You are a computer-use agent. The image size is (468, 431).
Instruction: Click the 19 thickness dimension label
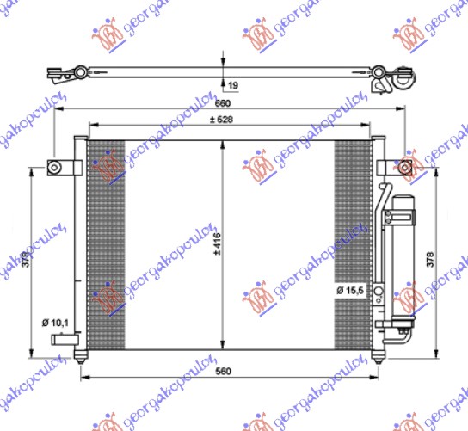pos(233,84)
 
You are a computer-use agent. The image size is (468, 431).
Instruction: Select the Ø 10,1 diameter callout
pos(53,323)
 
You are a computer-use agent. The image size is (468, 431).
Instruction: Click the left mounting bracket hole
pos(53,167)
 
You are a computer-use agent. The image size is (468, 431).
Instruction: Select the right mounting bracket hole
pos(405,166)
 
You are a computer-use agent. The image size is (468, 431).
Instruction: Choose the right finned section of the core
pos(352,224)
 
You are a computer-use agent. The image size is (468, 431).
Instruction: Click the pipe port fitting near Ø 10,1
pos(62,341)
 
